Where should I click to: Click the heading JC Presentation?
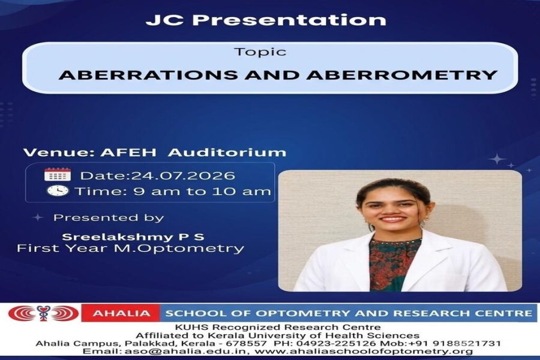(266, 20)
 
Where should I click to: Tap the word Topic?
(260, 52)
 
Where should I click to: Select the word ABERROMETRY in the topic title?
(402, 75)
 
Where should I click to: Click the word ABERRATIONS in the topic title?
(148, 75)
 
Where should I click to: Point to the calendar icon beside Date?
(58, 175)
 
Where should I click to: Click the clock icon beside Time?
(58, 191)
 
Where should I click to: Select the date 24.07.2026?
(182, 176)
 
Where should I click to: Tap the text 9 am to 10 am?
(202, 191)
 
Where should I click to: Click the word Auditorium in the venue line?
(227, 152)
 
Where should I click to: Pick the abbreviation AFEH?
(128, 152)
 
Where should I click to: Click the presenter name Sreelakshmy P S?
(133, 237)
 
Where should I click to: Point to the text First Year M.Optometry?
(131, 248)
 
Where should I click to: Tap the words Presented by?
(109, 218)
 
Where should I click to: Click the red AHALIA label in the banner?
(121, 313)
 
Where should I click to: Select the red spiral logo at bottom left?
(43, 313)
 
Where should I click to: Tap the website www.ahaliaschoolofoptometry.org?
(364, 352)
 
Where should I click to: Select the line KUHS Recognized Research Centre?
(278, 327)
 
